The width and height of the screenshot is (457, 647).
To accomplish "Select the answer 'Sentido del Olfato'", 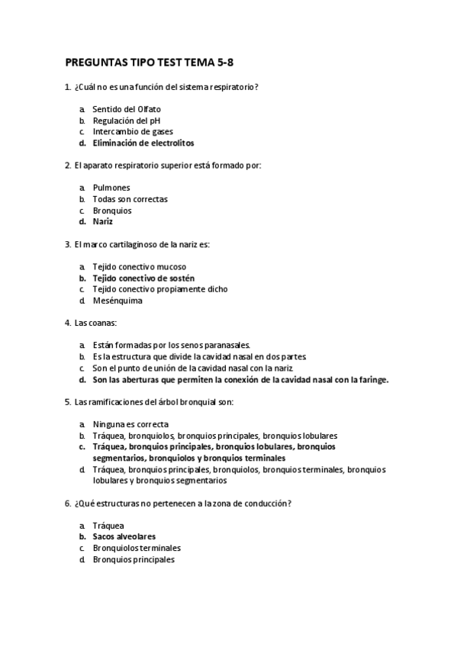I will pyautogui.click(x=127, y=109).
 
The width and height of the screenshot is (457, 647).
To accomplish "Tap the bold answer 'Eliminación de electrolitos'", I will pyautogui.click(x=143, y=143).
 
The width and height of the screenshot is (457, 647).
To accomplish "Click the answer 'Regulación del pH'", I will pyautogui.click(x=127, y=121).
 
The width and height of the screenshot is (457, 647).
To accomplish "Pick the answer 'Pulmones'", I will pyautogui.click(x=111, y=188).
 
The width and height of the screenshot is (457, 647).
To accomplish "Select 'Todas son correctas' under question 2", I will pyautogui.click(x=130, y=199).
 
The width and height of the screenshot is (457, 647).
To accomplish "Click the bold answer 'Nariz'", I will pyautogui.click(x=103, y=221).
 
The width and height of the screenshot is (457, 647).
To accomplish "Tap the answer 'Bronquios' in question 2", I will pyautogui.click(x=112, y=211).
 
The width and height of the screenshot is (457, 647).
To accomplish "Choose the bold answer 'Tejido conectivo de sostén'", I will pyautogui.click(x=143, y=278).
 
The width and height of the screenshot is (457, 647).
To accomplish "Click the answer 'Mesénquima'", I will pyautogui.click(x=117, y=301).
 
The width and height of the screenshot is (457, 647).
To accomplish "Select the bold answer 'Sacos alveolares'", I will pyautogui.click(x=124, y=537).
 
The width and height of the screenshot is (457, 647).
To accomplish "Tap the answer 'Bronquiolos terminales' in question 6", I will pyautogui.click(x=137, y=548).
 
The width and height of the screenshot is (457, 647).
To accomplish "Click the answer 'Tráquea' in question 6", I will pyautogui.click(x=108, y=526).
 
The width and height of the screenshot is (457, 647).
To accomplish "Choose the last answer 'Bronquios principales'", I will pyautogui.click(x=134, y=559).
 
